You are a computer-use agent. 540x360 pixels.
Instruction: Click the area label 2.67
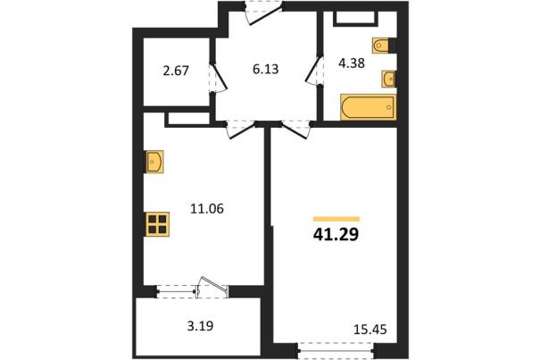click(176, 71)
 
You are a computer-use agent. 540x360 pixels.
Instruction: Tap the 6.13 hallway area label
click(265, 69)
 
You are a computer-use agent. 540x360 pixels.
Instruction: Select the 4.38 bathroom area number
click(352, 63)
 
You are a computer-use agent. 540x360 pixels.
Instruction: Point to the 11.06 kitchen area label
click(207, 208)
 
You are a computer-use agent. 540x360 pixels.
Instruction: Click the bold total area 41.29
click(336, 234)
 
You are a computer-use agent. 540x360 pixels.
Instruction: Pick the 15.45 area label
click(370, 330)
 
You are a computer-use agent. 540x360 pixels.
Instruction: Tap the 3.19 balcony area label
click(200, 325)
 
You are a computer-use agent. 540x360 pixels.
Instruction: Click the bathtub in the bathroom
click(368, 107)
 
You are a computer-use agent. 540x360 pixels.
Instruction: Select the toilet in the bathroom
click(381, 46)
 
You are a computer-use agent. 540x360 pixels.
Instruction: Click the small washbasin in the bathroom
click(388, 79)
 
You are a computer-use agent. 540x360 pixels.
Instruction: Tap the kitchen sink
click(154, 162)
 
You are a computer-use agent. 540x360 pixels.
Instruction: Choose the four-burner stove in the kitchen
click(157, 224)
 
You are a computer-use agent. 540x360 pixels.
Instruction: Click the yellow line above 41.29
click(336, 219)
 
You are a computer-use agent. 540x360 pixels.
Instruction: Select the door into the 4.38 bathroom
click(313, 71)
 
